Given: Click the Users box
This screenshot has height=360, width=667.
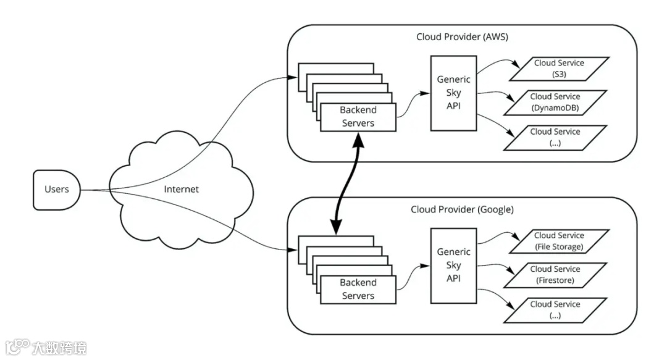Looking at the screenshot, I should pos(57,190).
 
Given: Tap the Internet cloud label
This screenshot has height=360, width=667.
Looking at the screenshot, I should pos(181,189).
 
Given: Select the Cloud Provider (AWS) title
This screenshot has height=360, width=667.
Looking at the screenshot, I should pos(462,37).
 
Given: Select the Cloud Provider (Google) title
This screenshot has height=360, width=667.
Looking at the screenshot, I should pos(462,209).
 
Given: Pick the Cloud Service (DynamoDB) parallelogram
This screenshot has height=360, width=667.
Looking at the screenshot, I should pos(555,103).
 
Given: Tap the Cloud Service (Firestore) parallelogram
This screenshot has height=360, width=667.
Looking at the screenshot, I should pos(555,275).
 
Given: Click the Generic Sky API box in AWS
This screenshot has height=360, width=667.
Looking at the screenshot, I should pos(453,93).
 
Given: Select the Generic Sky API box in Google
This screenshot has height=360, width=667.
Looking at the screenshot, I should pos(453,265).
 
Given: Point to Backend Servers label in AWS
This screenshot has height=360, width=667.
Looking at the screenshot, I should pos(358,117).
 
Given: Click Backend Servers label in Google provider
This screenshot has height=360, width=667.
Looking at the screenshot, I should pos(358,289).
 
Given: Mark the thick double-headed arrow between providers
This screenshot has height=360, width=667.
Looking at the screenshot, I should pos(348,185).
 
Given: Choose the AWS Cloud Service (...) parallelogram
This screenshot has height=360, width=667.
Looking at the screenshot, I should pos(555,137).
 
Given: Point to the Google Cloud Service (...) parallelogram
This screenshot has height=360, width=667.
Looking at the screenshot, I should pos(555,309).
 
